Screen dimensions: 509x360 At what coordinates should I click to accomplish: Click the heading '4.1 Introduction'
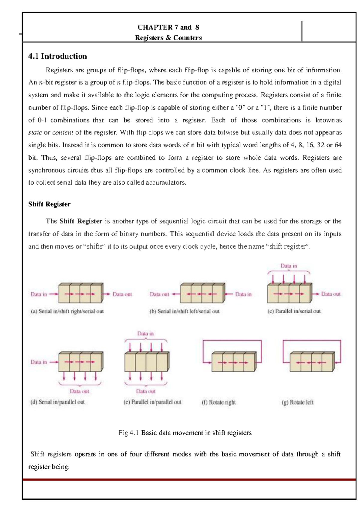[57, 56]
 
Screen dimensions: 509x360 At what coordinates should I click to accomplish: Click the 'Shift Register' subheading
[49, 204]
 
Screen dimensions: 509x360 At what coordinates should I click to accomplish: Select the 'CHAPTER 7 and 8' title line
[168, 27]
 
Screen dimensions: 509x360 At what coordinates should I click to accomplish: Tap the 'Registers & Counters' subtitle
[168, 38]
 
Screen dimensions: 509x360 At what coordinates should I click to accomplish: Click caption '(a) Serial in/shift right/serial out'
[67, 311]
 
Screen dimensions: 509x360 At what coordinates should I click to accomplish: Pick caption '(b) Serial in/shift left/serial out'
[184, 311]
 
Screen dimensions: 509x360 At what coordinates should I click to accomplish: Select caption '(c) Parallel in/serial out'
[294, 311]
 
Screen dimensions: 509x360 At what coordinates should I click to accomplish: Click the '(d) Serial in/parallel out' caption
[57, 402]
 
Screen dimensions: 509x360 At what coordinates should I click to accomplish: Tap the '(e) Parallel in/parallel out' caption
[152, 402]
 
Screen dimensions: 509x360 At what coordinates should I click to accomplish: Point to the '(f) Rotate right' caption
[219, 402]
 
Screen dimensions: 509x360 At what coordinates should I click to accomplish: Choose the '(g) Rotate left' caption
[298, 402]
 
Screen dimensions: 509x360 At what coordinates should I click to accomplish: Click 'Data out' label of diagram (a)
[122, 294]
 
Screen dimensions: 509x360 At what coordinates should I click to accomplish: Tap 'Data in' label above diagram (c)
[289, 266]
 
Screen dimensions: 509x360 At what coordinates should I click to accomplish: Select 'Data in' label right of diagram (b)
[243, 294]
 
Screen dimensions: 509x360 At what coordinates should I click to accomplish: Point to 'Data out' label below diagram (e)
[146, 391]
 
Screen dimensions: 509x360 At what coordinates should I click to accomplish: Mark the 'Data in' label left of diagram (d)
[39, 362]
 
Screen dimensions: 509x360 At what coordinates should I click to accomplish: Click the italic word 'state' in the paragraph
[35, 132]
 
